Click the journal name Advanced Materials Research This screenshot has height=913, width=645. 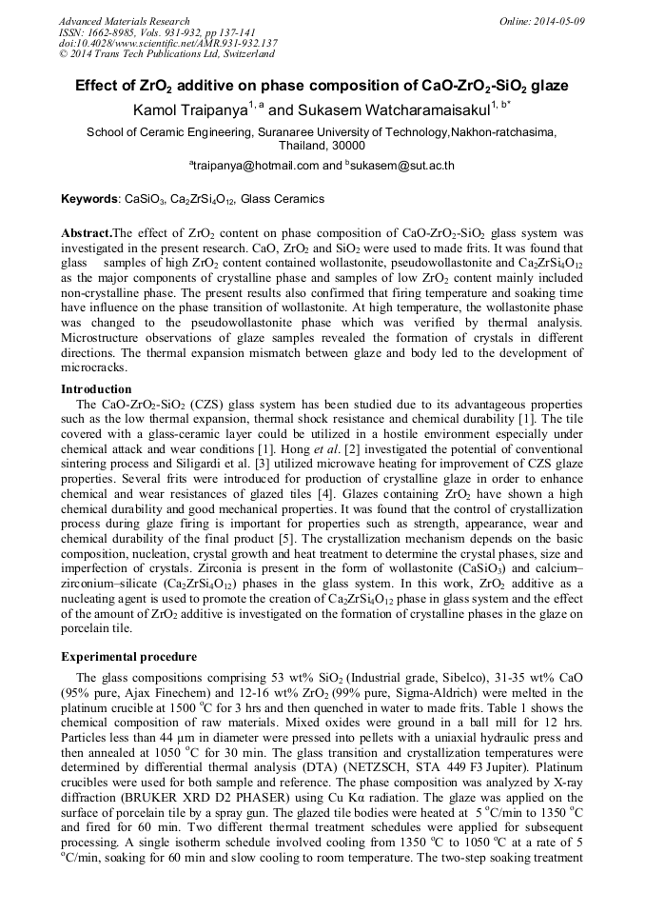(124, 21)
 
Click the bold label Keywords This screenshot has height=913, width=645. (89, 199)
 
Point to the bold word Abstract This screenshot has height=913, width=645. (86, 232)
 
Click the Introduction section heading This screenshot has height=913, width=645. (96, 389)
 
